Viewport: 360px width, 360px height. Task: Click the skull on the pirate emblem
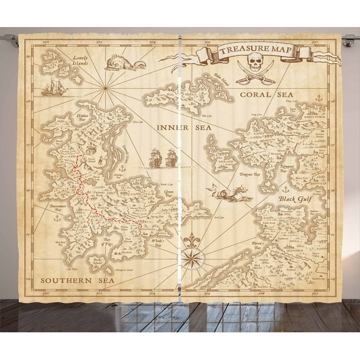click(256, 61)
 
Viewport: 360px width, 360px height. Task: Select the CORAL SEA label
click(254, 95)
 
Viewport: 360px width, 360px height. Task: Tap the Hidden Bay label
click(84, 118)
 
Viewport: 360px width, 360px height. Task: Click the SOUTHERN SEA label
click(66, 281)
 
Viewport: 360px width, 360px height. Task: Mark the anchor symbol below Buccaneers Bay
click(57, 218)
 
